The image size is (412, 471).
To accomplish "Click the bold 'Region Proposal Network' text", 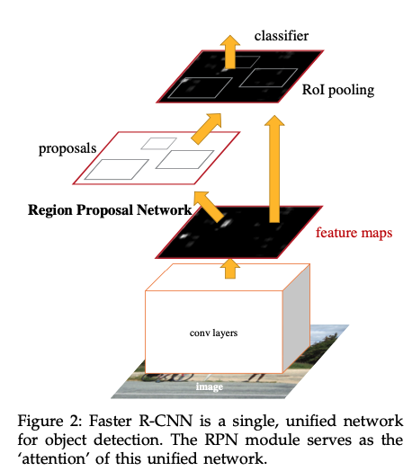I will (x=110, y=211).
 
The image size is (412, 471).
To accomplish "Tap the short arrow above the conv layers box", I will (x=230, y=266).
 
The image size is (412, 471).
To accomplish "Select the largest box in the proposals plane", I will (x=113, y=168).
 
